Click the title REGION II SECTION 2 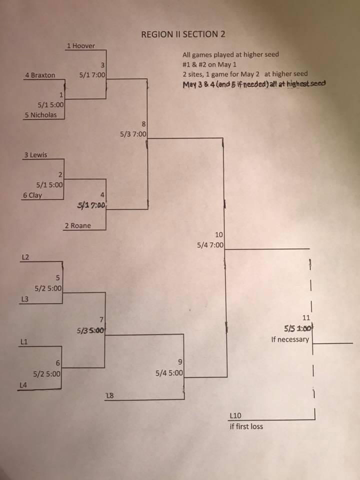pos(183,34)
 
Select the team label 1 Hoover pos(81,46)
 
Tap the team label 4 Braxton pos(40,75)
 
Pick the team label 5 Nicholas pos(40,115)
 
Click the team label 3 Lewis pos(36,155)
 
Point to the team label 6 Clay pos(32,195)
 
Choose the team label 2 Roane pos(78,225)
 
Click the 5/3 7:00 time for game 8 pos(133,134)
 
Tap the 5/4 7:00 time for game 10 pos(210,245)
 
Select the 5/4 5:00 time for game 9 pos(169,373)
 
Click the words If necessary pos(290,339)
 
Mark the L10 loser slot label pos(235,415)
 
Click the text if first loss pos(246,426)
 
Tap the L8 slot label pos(109,396)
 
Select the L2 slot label pos(25,257)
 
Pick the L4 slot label pos(23,385)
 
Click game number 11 pos(306,318)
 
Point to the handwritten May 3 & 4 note pos(254,84)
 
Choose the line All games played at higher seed pos(231,55)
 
